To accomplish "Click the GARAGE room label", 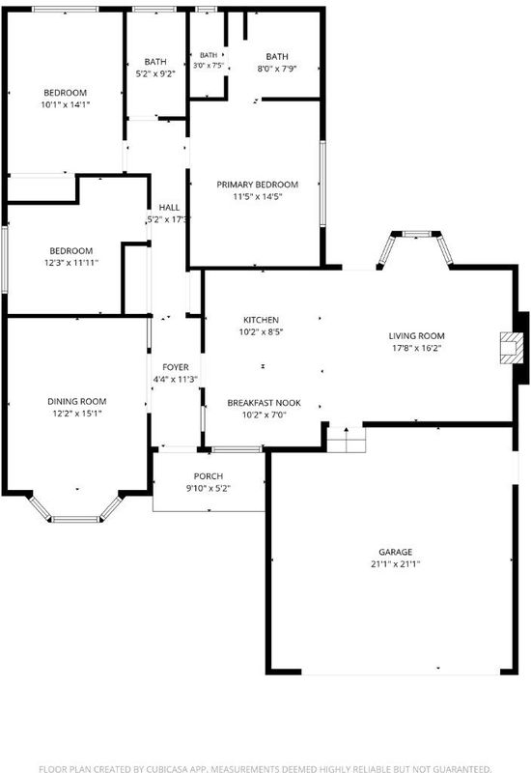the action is coord(395,552).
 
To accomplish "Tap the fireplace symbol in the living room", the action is coord(512,348).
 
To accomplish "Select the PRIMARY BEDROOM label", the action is coord(257,185).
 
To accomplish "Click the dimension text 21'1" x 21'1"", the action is coord(395,564).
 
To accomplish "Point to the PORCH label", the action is coord(209,476).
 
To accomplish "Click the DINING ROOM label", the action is coord(77,401).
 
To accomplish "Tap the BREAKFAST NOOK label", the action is coord(264,403).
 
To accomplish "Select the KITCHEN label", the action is coord(261,320).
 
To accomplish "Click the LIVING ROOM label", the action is coord(417,335).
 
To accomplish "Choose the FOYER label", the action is coord(176,367).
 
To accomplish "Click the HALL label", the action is coord(169,208).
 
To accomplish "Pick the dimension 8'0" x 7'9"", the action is coord(277,69).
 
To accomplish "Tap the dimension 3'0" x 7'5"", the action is coord(209,65).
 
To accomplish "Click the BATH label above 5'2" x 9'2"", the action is coord(155,62).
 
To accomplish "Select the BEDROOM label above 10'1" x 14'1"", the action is coord(65,93).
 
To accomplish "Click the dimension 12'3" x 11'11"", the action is coord(71,263).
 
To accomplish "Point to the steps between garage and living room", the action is coord(347,440).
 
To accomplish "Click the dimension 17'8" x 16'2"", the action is coord(417,348).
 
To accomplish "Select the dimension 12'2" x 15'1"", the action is coord(77,414).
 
